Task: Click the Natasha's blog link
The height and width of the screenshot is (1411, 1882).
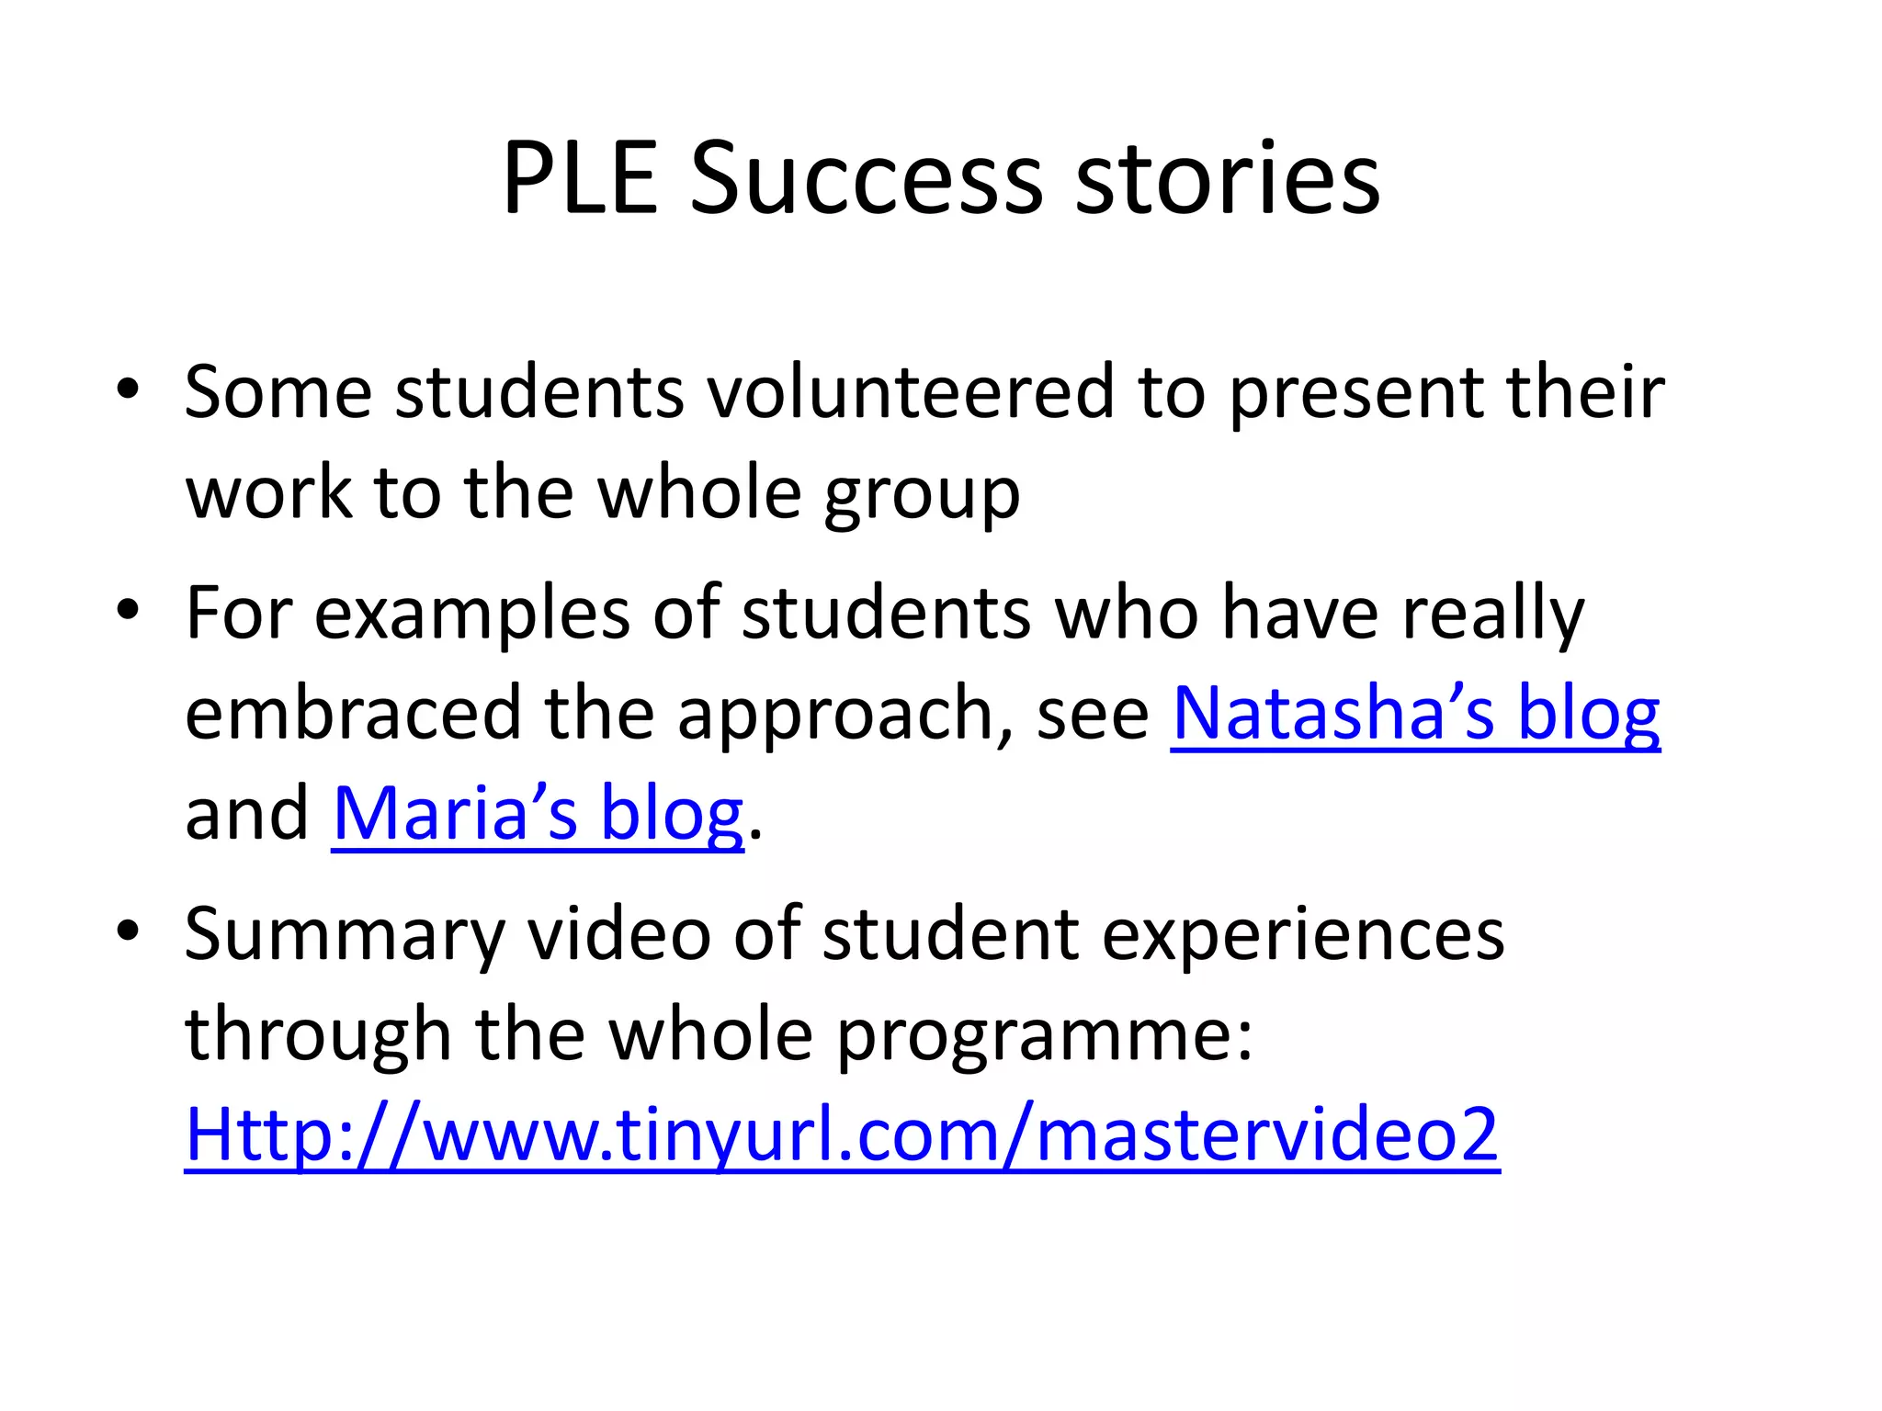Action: click(x=1415, y=714)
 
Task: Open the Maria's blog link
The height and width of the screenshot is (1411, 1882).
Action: click(x=538, y=814)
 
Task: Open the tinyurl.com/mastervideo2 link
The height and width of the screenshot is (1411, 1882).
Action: click(x=842, y=1135)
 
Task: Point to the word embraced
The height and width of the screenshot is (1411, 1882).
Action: click(x=353, y=714)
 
